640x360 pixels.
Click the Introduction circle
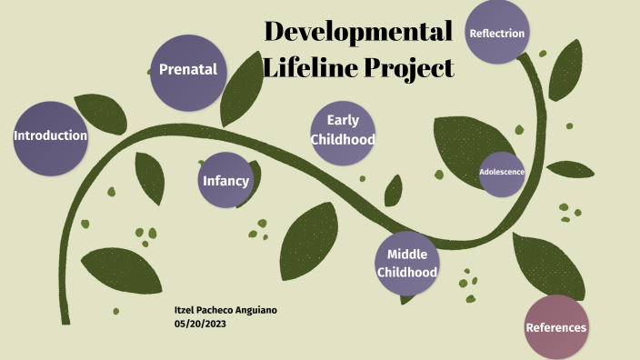pos(50,136)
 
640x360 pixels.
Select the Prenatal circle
pos(188,69)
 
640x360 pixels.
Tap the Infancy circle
pos(225,180)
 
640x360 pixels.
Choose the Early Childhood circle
pos(343,130)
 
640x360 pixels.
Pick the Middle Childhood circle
pos(406,263)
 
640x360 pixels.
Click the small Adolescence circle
pos(502,171)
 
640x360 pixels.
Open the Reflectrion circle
pos(496,33)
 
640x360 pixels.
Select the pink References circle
pos(556,327)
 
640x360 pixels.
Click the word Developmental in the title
pos(358,32)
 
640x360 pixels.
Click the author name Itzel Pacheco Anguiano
pos(225,311)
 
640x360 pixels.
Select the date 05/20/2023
pos(200,324)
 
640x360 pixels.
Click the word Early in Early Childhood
pos(343,120)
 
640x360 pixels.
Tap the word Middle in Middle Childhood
pos(406,254)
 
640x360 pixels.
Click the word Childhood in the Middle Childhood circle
pos(406,272)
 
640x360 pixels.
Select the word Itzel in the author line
pos(185,311)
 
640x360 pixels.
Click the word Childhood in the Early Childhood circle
pos(343,140)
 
